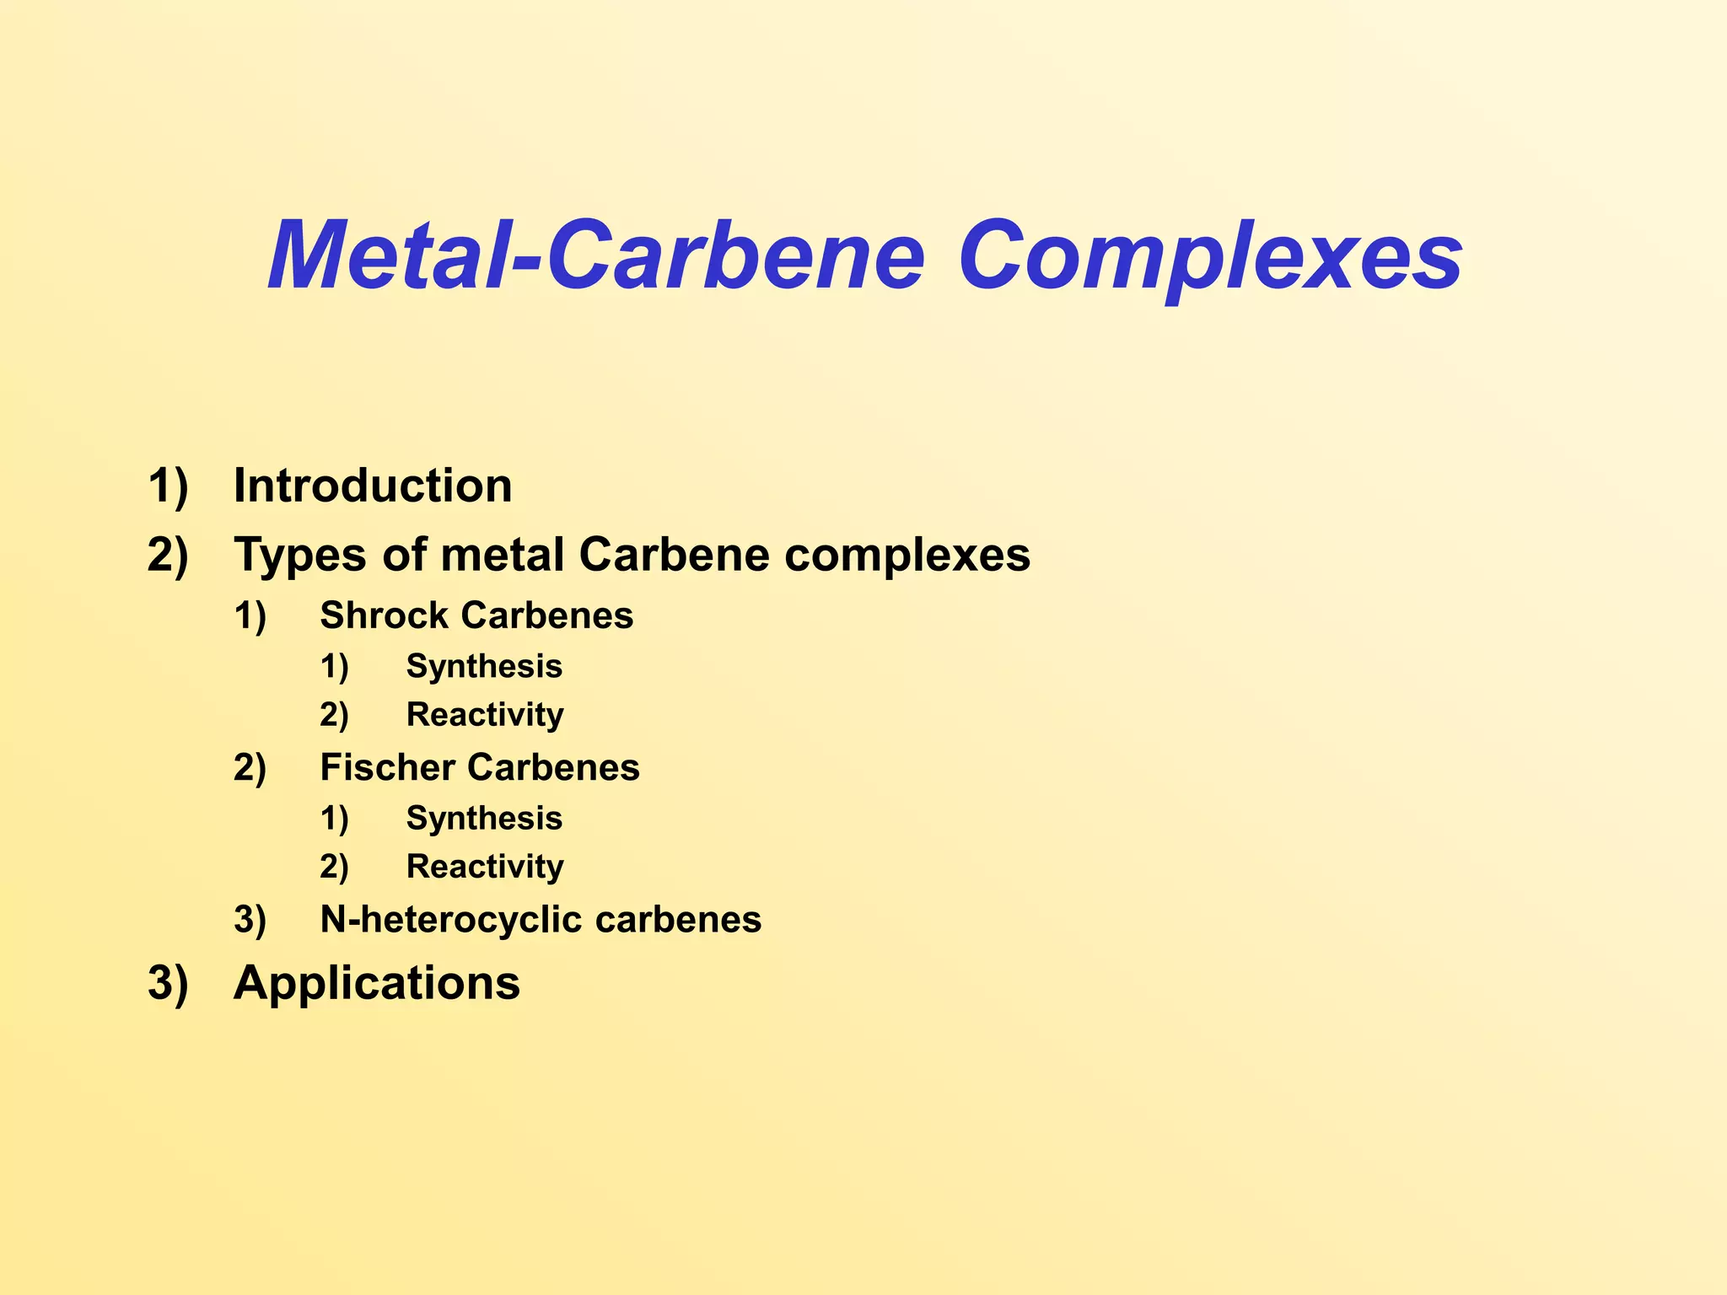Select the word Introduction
[373, 486]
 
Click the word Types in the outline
[300, 556]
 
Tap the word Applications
[377, 983]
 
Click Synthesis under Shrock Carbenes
[484, 666]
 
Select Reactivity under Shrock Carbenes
[485, 715]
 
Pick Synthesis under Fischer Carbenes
[484, 818]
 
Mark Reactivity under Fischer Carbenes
[485, 867]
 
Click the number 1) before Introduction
[168, 486]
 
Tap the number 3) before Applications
[168, 983]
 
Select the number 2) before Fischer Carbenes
[250, 767]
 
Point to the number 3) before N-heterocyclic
[250, 919]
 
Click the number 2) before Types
[168, 556]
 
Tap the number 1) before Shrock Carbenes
[250, 615]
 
